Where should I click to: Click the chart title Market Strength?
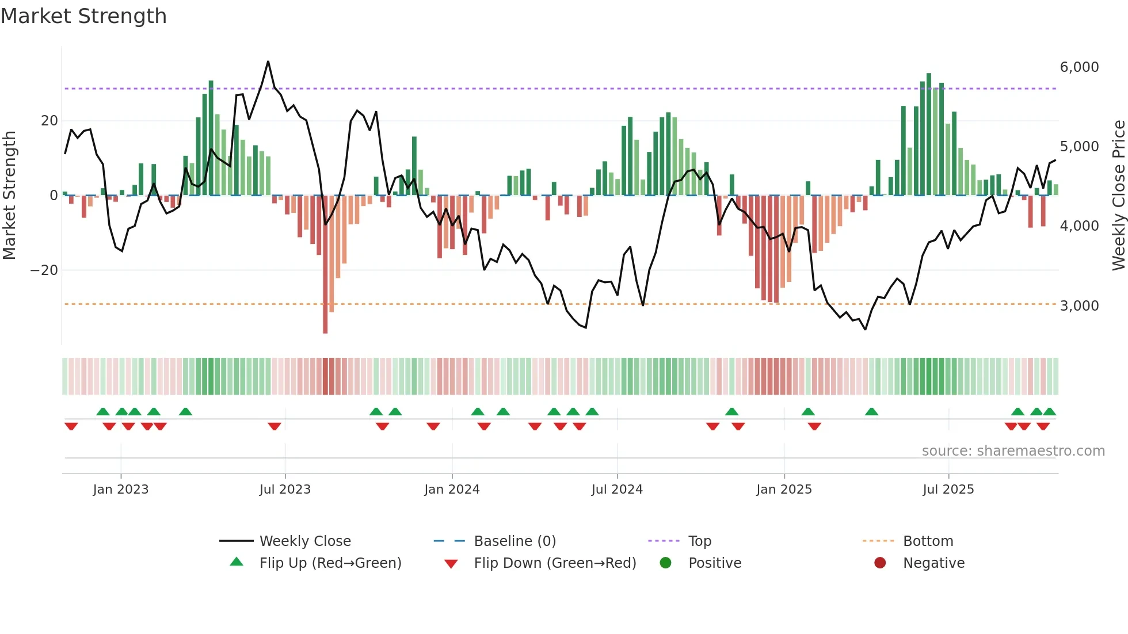coord(83,16)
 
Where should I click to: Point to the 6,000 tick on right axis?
coord(1079,67)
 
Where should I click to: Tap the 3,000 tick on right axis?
coord(1079,306)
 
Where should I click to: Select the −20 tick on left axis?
coord(44,270)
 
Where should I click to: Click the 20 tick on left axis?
coord(49,121)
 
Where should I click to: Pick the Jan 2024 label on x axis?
coord(452,490)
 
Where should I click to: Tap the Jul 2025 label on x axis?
coord(948,490)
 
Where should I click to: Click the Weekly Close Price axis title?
coord(1118,196)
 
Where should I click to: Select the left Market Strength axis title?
coord(10,196)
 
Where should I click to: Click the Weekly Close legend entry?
coord(304,541)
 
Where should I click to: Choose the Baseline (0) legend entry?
coord(515,541)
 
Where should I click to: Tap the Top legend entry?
coord(699,541)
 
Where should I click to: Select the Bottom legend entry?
coord(928,541)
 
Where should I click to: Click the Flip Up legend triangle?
coord(237,562)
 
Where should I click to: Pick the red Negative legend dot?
coord(880,563)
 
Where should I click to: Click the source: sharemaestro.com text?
coord(1013,451)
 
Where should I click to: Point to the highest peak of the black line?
coord(268,62)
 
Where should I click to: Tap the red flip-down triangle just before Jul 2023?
coord(275,426)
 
